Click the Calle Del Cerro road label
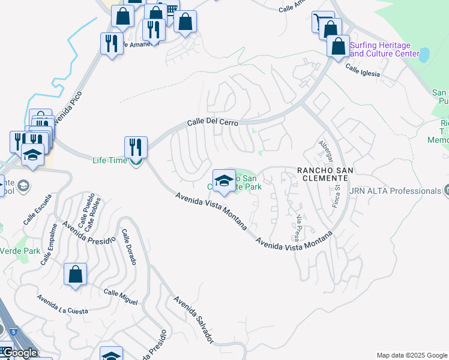pos(212,122)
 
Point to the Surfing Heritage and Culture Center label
pos(384,49)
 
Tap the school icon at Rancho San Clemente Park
pos(224,181)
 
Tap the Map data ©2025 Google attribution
pos(411,355)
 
